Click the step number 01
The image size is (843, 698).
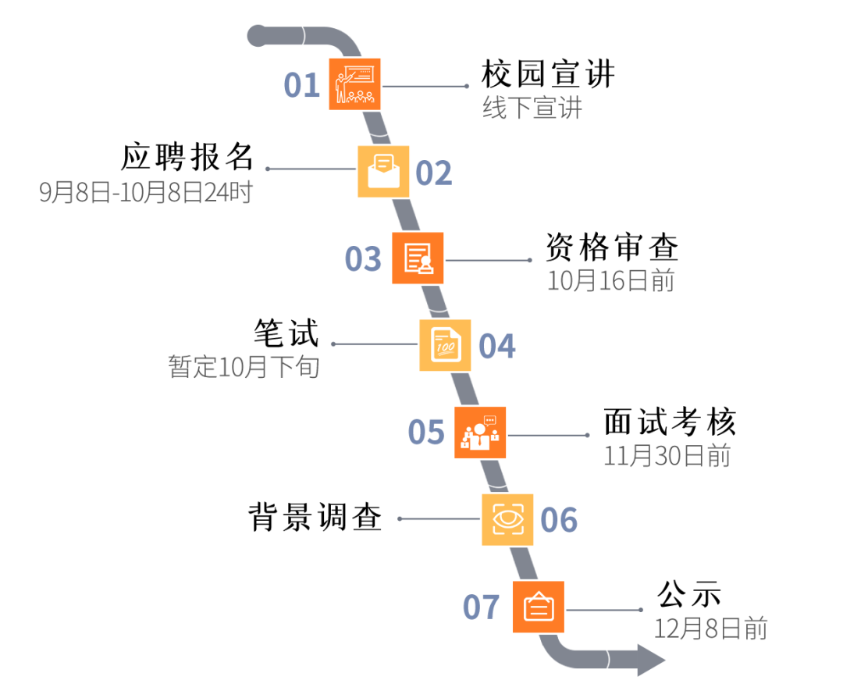tap(302, 85)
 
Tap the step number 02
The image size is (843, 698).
tap(433, 173)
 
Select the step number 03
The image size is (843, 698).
tap(363, 259)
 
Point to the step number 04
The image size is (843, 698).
tap(496, 347)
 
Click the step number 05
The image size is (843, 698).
tap(426, 433)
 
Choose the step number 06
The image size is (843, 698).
tap(559, 520)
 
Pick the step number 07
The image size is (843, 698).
tap(481, 607)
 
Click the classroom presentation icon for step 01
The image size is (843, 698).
tap(354, 84)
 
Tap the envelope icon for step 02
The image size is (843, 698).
tap(383, 172)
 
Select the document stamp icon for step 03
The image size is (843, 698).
tap(418, 258)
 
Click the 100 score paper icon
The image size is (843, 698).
tap(445, 345)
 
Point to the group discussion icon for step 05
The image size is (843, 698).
tap(480, 433)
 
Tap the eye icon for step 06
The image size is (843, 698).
tap(507, 519)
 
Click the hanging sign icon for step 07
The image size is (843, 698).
tap(539, 607)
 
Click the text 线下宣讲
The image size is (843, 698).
tap(532, 108)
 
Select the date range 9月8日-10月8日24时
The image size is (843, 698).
tap(146, 192)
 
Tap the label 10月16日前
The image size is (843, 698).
tap(610, 281)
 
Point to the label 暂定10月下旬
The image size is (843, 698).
tap(244, 366)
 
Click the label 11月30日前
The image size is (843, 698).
tap(667, 456)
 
